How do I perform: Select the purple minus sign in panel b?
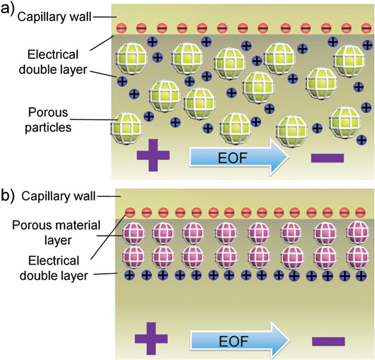tap(327, 341)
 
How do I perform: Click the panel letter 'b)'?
tap(9, 194)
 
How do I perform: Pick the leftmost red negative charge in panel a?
tap(121, 28)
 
